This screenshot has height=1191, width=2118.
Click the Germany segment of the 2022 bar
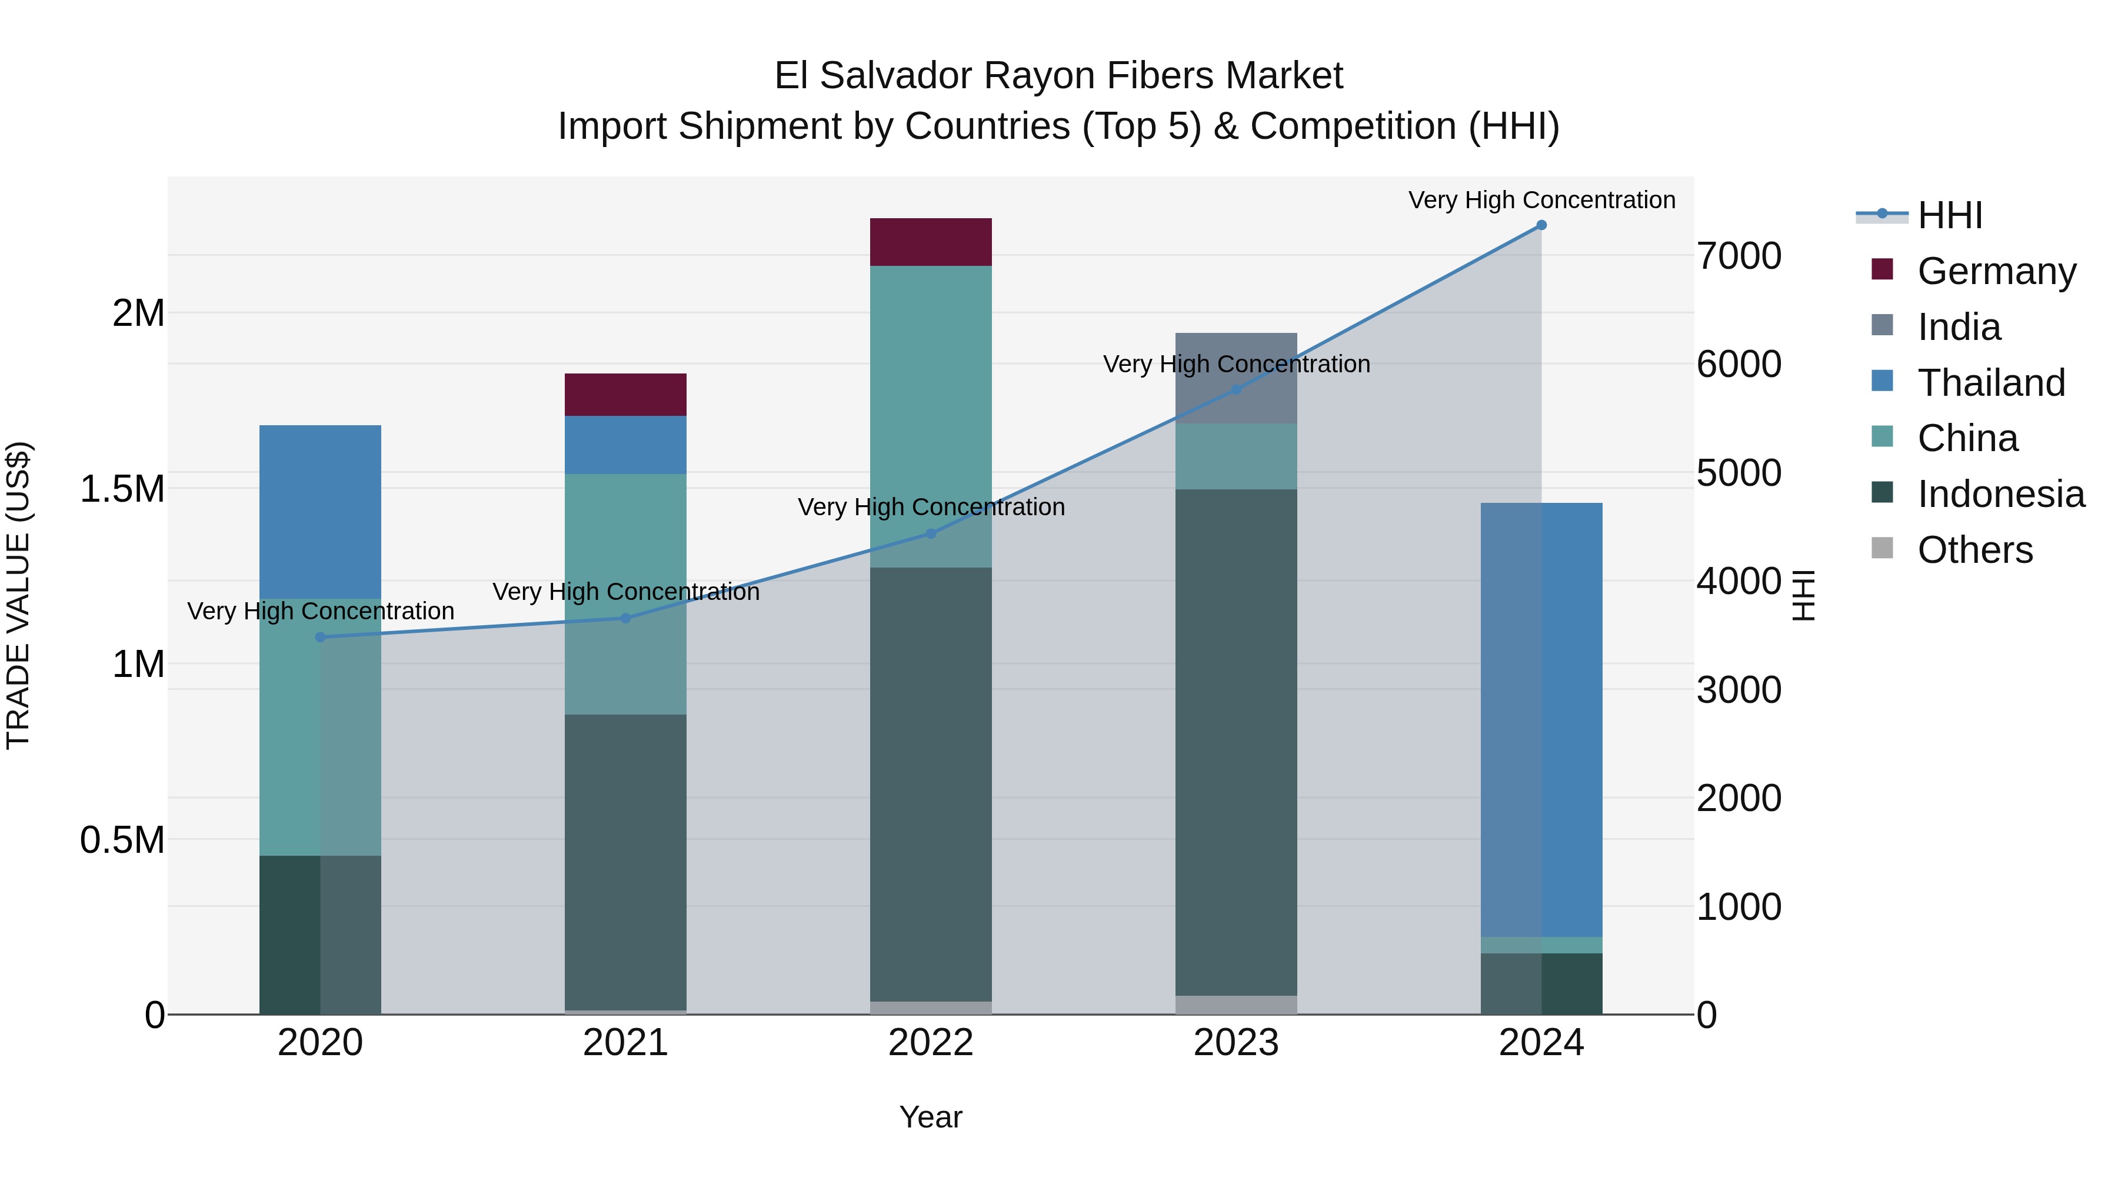(x=931, y=242)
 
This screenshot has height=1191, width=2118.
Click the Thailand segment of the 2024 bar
(x=1541, y=719)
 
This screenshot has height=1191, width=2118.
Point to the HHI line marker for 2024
(x=1541, y=225)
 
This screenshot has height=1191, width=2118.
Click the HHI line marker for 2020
(x=320, y=637)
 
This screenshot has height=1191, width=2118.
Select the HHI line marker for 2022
(x=931, y=533)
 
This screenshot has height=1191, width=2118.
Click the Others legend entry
(x=1974, y=550)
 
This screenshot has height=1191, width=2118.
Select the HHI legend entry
(x=1949, y=215)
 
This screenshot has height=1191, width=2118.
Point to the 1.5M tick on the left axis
(x=122, y=489)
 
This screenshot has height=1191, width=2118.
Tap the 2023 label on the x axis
(x=1235, y=1043)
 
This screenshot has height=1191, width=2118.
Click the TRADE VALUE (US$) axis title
(x=18, y=595)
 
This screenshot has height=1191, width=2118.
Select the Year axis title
(x=931, y=1117)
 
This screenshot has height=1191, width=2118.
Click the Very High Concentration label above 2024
(x=1541, y=200)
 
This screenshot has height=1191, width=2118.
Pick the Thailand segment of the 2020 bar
(x=320, y=511)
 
